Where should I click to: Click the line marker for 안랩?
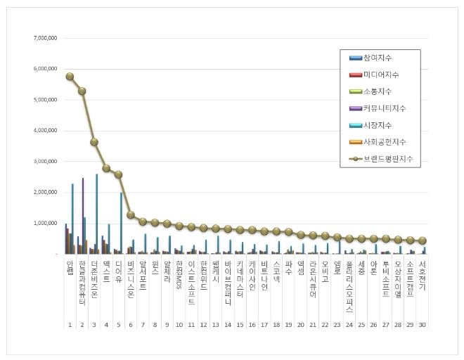(x=70, y=77)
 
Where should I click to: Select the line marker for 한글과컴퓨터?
(x=82, y=91)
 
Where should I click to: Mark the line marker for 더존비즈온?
(x=94, y=142)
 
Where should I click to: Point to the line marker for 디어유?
(x=118, y=174)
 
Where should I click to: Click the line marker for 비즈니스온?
(x=130, y=214)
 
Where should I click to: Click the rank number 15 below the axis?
(x=240, y=325)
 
